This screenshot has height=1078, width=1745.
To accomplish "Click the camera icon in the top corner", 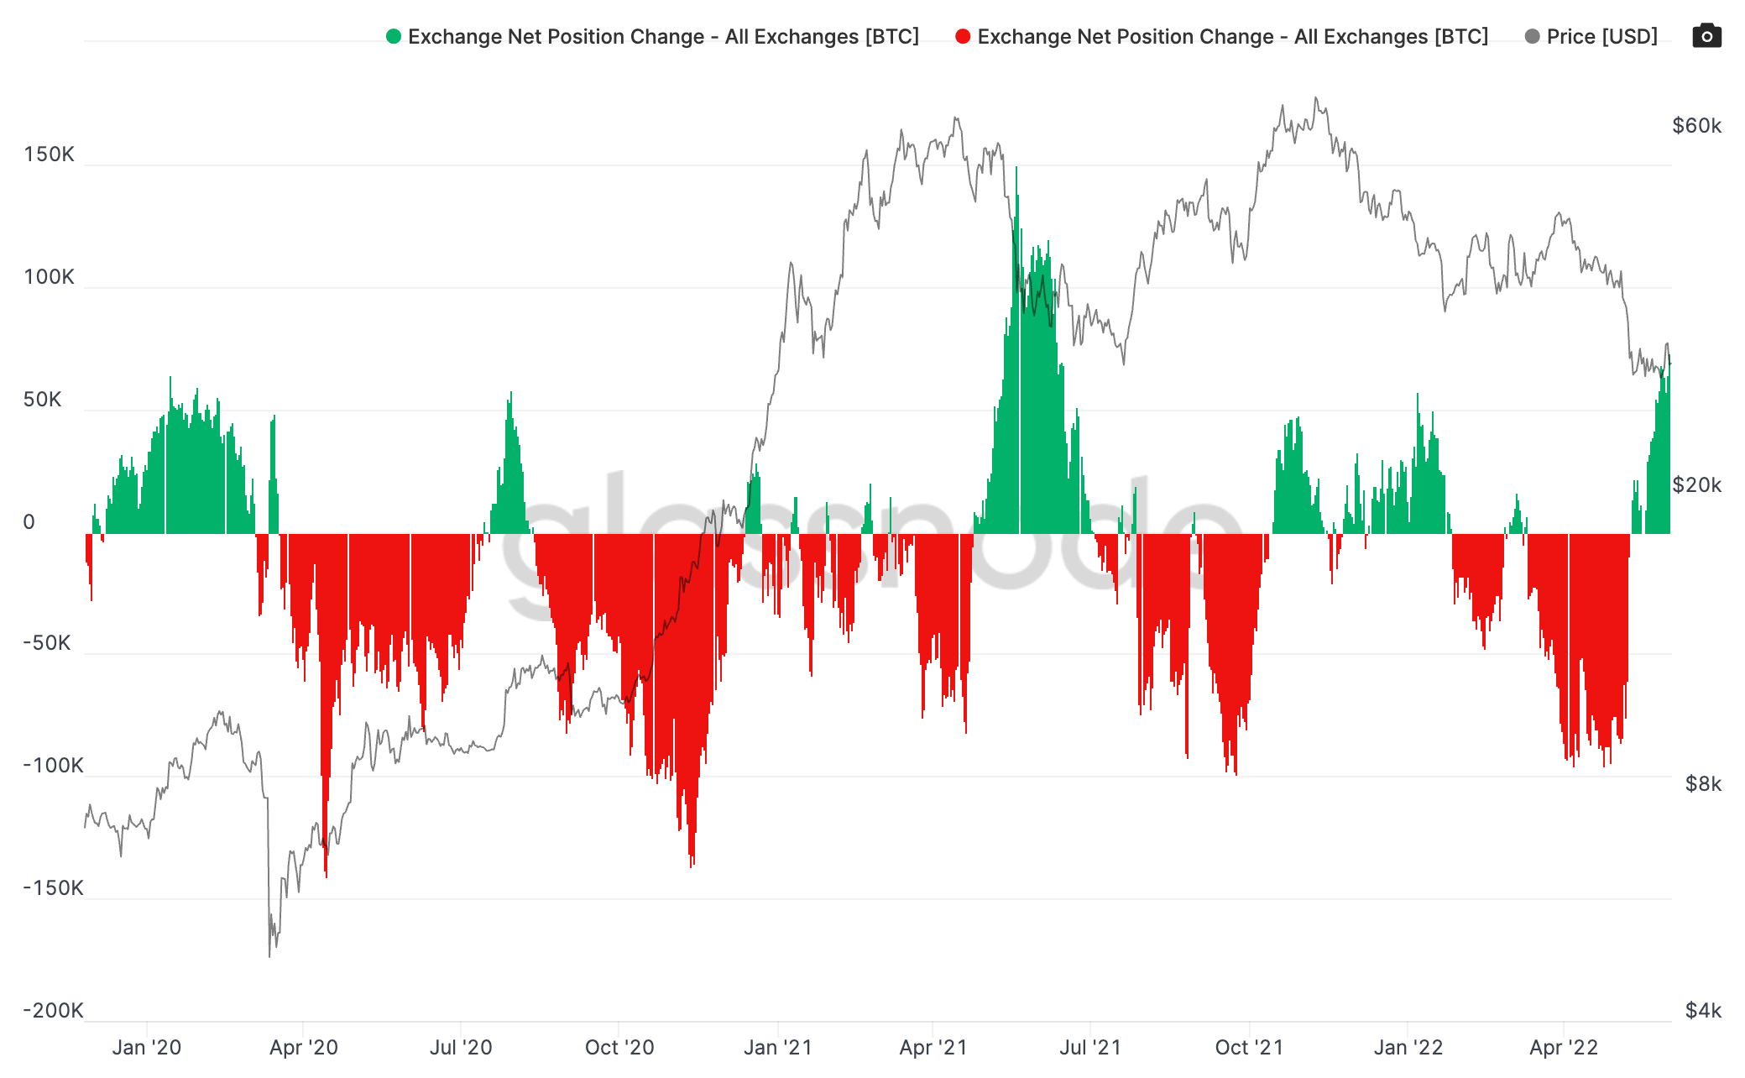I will pos(1706,36).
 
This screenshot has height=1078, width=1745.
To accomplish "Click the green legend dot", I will pos(393,36).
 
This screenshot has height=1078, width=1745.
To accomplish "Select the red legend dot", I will pos(963,36).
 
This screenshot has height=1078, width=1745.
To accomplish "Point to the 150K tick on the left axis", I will pos(49,154).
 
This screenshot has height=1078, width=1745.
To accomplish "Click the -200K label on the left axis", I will pos(52,1010).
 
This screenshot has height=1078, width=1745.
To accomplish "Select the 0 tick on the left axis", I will pos(29,522).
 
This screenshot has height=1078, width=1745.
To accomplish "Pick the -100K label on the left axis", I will pos(52,766).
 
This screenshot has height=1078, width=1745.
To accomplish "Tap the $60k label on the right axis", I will pos(1696,126).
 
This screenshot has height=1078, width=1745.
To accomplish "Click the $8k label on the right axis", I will pos(1703,784).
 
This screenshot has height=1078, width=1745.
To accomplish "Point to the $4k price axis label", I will pos(1703,1010).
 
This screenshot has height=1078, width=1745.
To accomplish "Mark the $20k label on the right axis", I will pos(1696,485).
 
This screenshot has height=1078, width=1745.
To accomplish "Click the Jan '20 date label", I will pos(147,1048).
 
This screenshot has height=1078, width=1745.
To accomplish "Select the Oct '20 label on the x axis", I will pos(619,1048).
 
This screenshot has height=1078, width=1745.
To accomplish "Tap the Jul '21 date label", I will pos(1090,1048).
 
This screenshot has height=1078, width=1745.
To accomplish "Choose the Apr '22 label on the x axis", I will pos(1564,1048).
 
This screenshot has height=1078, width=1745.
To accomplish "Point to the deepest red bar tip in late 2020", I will pos(692,865).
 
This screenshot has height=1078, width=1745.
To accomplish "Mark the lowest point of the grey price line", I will pos(269,955).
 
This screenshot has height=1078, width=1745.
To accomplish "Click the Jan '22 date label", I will pos(1408,1048).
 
